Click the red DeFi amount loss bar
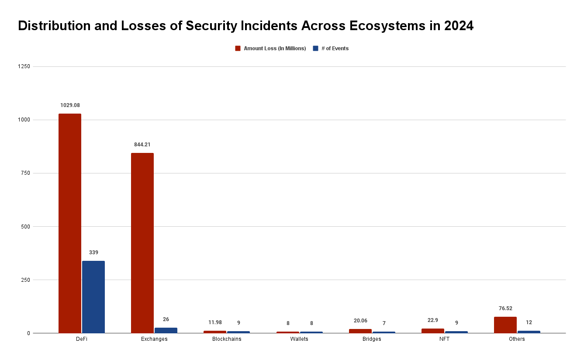click(70, 223)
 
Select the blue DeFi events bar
click(93, 297)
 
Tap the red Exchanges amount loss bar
click(142, 243)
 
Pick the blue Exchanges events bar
click(166, 330)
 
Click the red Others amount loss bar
click(505, 325)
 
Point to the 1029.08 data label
click(70, 105)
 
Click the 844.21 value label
click(142, 145)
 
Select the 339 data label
click(93, 253)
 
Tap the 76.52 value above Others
click(505, 308)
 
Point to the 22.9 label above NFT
click(433, 320)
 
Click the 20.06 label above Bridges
click(360, 321)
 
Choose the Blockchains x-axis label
click(227, 339)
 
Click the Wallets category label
click(299, 339)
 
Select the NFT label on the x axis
click(444, 339)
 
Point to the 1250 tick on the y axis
click(24, 66)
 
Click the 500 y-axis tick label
click(25, 226)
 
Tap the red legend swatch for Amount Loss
click(238, 48)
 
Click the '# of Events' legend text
click(335, 48)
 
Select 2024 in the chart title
click(459, 26)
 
